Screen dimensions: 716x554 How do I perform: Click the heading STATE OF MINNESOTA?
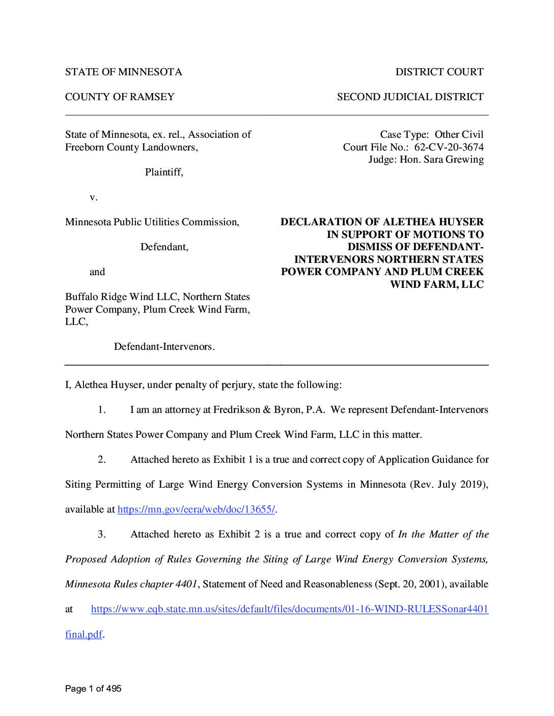(x=123, y=72)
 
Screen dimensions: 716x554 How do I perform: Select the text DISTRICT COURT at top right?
(x=439, y=72)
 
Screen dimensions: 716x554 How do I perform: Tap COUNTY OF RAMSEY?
(x=120, y=97)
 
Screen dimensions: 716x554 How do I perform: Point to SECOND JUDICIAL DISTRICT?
(x=410, y=97)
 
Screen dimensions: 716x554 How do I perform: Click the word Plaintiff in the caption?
(x=163, y=172)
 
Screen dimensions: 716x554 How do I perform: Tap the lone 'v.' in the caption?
(x=93, y=197)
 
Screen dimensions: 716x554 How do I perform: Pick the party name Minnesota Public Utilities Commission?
(x=151, y=222)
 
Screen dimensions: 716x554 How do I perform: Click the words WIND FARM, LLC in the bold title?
(x=436, y=284)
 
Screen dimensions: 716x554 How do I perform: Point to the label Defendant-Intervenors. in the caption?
(x=164, y=347)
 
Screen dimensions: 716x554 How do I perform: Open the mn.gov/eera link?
(x=197, y=510)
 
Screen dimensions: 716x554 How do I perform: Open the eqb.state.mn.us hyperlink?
(x=289, y=609)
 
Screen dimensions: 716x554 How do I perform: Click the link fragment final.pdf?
(x=84, y=635)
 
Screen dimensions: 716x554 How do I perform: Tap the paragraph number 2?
(x=102, y=460)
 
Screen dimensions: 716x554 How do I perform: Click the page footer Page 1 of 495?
(x=93, y=689)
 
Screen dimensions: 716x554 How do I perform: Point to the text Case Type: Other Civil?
(x=431, y=135)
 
